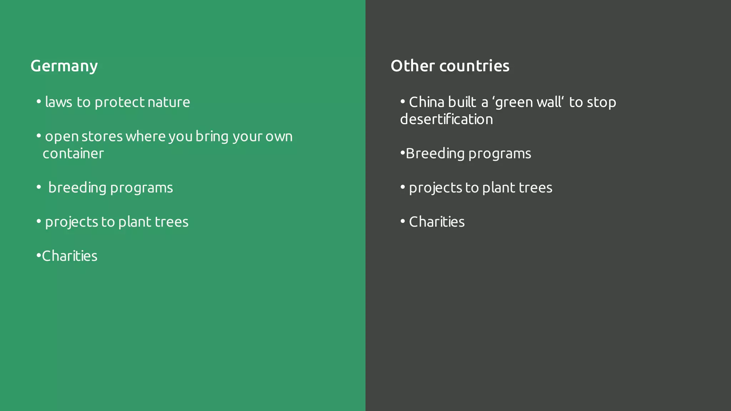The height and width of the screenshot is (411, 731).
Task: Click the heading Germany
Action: (64, 66)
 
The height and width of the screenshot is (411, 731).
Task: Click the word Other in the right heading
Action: (413, 66)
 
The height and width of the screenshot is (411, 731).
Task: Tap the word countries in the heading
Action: (474, 66)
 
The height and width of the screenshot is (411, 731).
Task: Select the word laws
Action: (59, 102)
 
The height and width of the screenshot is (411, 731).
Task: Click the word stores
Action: (102, 137)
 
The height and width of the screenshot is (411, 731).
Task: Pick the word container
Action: (73, 154)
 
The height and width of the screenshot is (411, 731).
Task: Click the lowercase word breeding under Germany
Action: (77, 188)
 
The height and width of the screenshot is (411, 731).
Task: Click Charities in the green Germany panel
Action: (70, 256)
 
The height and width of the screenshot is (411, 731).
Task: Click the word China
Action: (427, 102)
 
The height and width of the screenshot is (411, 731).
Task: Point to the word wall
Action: (549, 102)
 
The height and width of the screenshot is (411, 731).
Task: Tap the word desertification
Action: (447, 120)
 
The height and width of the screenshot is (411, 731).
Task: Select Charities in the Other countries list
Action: (437, 222)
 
